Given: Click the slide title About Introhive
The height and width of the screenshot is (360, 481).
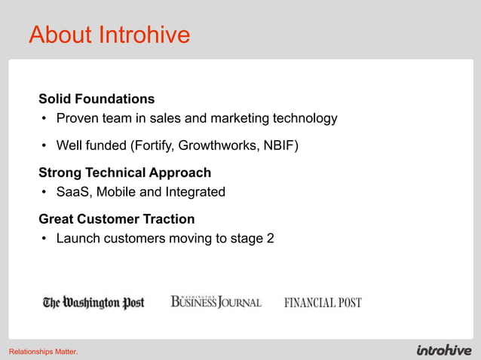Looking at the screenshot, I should click(109, 35).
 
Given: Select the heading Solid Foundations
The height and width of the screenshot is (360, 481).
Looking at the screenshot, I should click(97, 99).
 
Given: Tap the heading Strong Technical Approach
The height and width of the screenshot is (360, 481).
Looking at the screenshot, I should click(124, 172).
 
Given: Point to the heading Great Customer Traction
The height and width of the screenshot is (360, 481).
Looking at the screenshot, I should click(116, 219).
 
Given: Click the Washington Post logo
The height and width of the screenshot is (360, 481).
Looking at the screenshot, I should click(93, 303).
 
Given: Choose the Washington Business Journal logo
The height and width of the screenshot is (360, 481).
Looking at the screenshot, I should click(216, 302).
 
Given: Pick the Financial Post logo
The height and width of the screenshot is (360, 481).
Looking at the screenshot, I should click(323, 303).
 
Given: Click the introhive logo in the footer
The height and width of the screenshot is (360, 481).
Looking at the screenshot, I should click(444, 350).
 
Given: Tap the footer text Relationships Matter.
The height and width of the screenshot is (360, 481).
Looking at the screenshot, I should click(43, 352).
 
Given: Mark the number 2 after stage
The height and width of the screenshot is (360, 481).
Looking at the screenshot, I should click(270, 239).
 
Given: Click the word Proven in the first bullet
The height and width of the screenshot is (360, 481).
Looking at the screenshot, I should click(78, 118).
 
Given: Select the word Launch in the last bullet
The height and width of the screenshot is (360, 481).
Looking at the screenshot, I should click(78, 239).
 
